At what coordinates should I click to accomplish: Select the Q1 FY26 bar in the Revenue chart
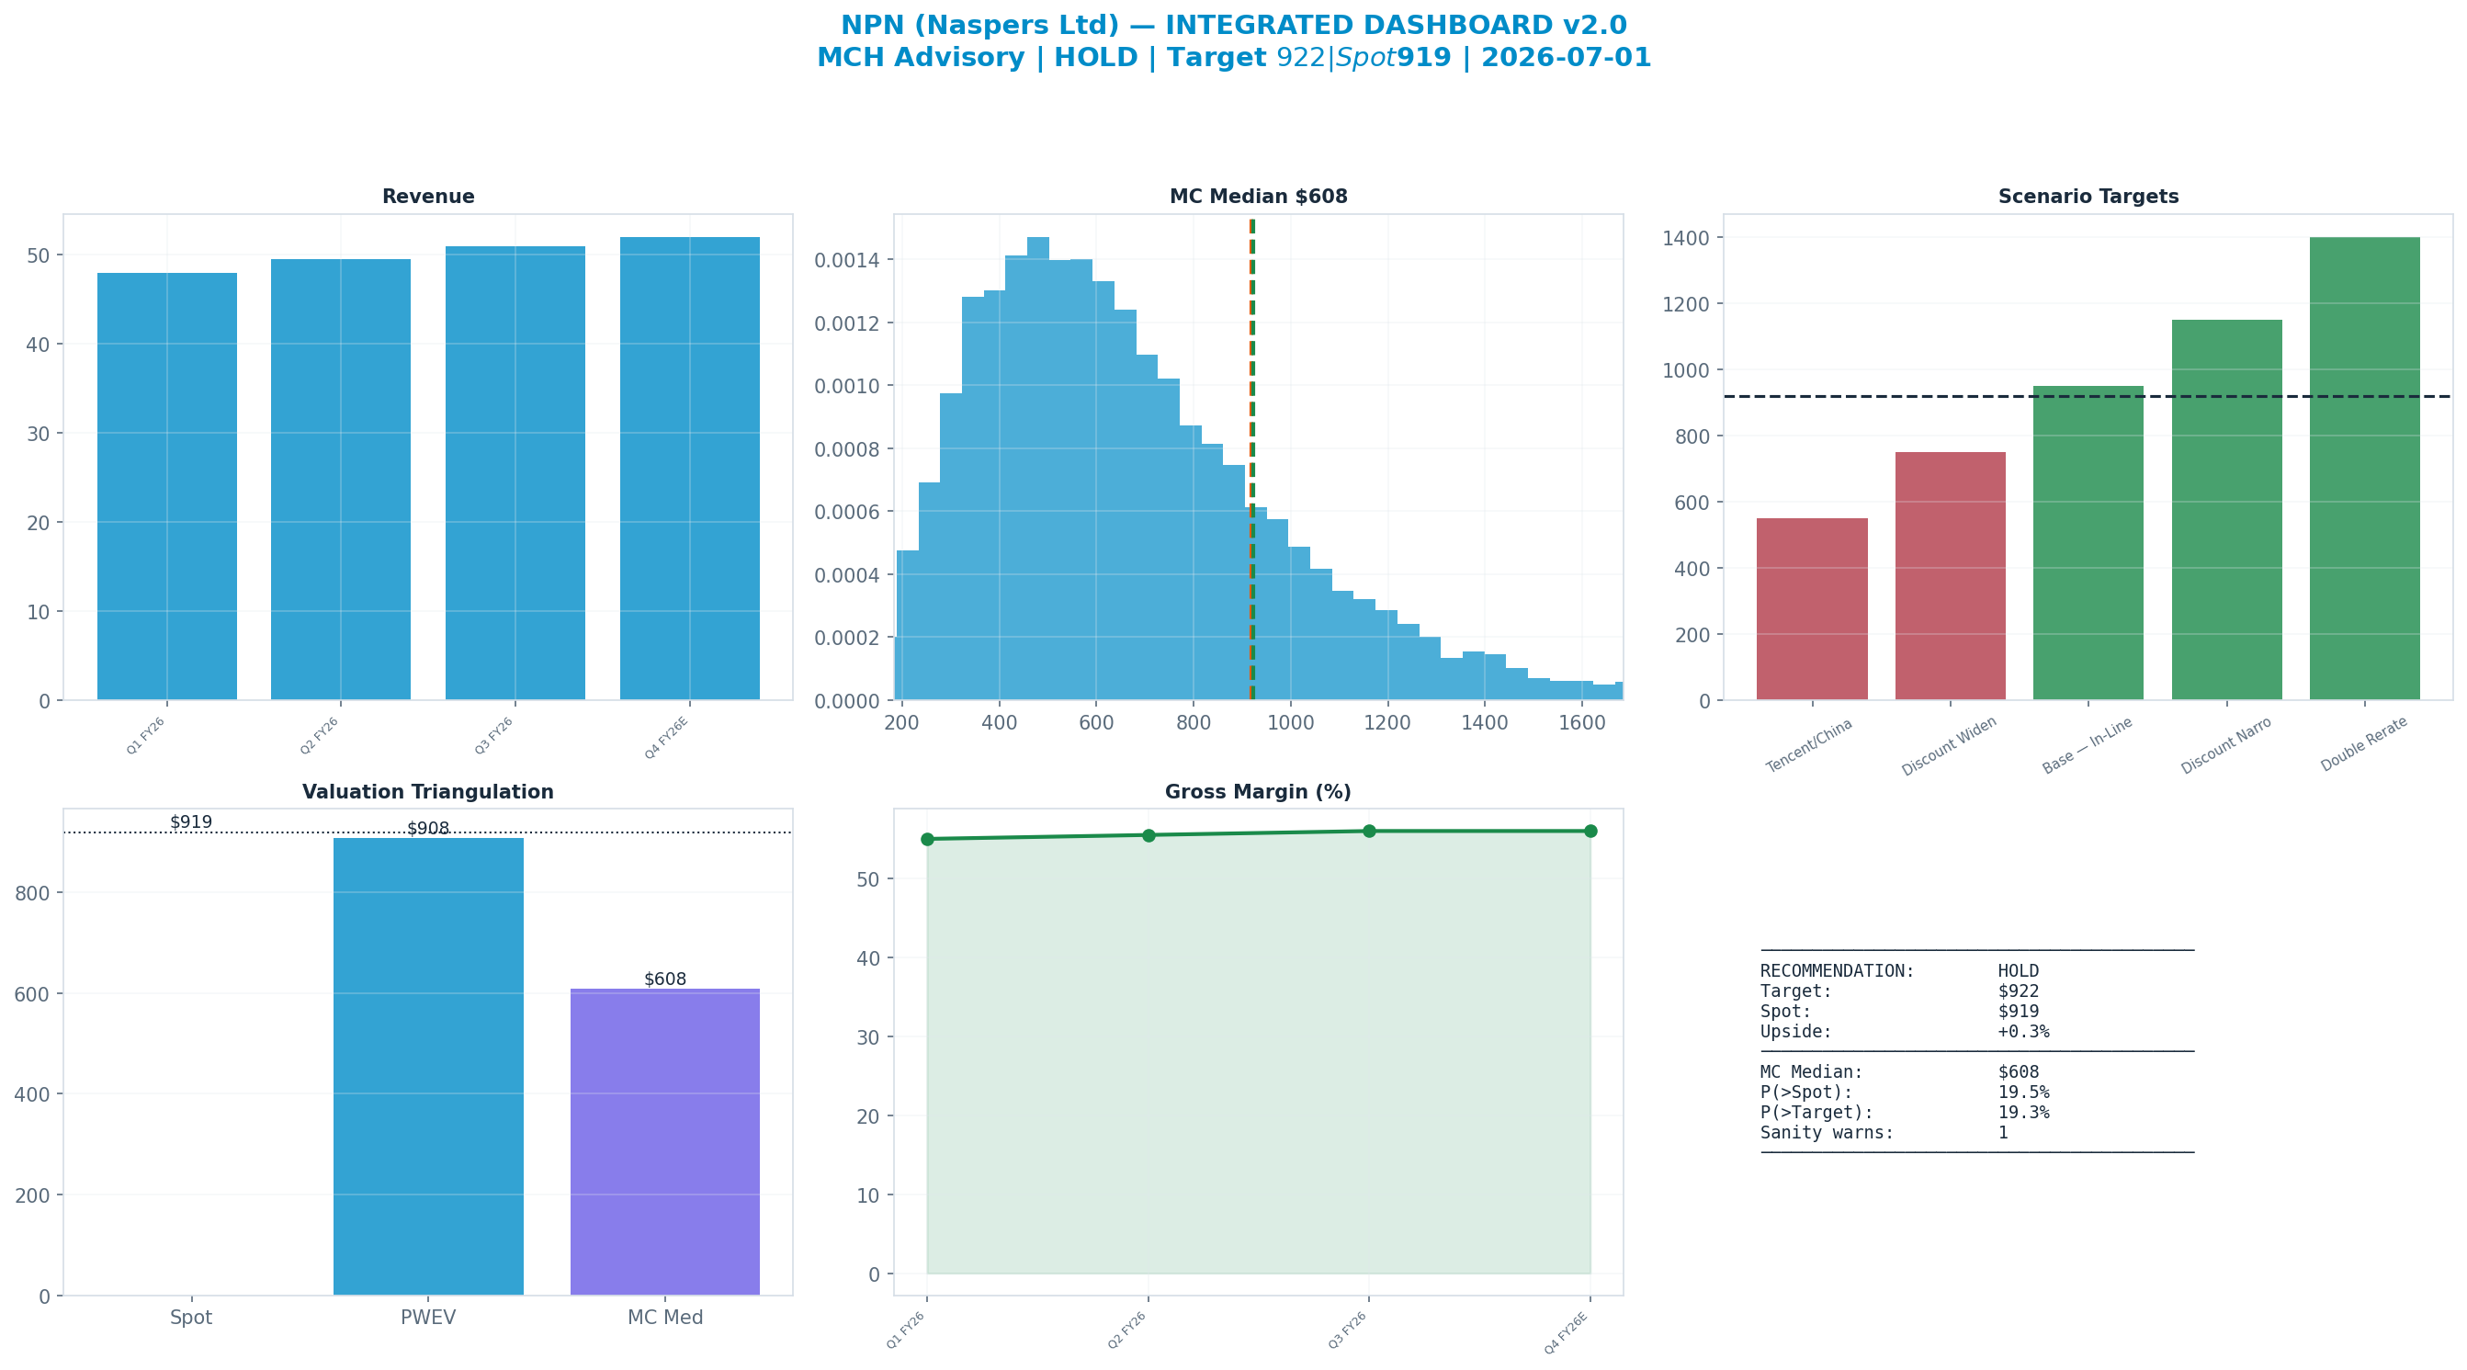coord(166,487)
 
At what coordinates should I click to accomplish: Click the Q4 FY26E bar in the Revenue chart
coord(689,469)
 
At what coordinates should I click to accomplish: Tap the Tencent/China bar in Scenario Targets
coord(1812,609)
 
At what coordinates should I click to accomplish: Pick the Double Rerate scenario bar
coord(2364,469)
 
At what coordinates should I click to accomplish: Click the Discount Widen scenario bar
coord(1950,576)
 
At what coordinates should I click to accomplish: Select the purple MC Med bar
coord(664,1142)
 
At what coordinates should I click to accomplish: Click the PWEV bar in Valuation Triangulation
coord(428,1066)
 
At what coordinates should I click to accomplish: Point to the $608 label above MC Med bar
coord(664,979)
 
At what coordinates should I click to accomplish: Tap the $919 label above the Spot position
coord(190,822)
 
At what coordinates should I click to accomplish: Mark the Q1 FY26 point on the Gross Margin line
coord(927,839)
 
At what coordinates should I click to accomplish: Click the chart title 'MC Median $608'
coord(1259,197)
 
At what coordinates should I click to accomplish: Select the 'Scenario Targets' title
coord(2088,197)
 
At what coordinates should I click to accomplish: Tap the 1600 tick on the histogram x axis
coord(1582,722)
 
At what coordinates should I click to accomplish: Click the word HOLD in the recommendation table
coord(2018,971)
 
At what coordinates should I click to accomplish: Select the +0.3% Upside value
coord(2023,1032)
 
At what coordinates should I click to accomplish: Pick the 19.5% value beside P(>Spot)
coord(2023,1093)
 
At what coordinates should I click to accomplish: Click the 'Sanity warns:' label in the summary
coord(1828,1132)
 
